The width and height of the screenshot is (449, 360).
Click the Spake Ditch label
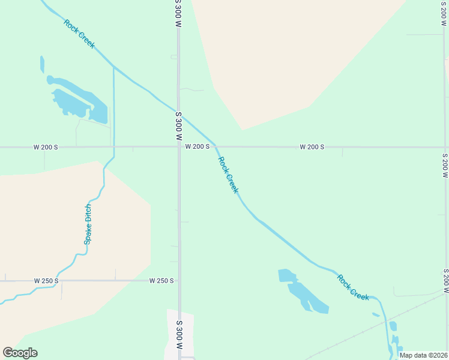point(88,224)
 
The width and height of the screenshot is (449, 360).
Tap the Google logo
point(20,353)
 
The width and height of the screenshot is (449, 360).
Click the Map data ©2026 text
point(423,355)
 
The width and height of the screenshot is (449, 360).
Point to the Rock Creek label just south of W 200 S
point(228,175)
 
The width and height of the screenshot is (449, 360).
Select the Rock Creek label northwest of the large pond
point(79,34)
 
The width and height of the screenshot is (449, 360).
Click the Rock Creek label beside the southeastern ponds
point(353,287)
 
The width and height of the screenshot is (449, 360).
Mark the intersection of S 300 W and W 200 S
point(178,146)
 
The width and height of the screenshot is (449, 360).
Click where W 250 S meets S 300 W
point(179,280)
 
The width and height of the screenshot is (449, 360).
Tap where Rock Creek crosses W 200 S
point(216,146)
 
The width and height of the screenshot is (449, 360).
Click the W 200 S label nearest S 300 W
point(197,146)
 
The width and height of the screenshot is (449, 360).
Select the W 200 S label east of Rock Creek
point(312,146)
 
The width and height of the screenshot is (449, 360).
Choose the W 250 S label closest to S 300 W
point(162,280)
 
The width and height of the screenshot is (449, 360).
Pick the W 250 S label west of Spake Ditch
point(46,280)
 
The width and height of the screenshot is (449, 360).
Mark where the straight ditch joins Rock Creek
point(113,67)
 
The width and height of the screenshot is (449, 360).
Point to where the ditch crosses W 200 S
point(113,146)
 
